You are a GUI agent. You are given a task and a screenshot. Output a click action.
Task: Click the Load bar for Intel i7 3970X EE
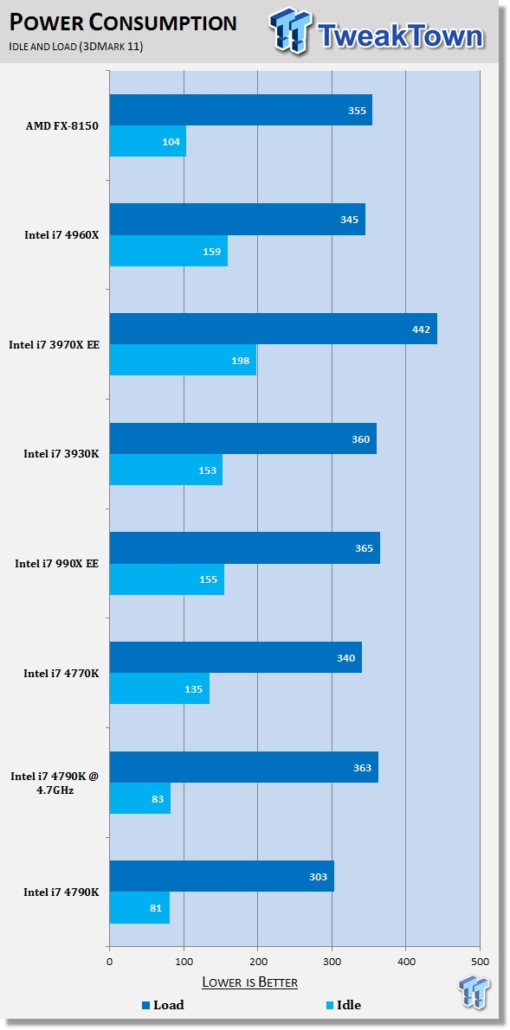coord(273,329)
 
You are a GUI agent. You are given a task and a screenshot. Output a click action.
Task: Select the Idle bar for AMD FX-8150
coord(148,141)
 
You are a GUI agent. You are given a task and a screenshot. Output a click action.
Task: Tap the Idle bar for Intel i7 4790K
coord(139,908)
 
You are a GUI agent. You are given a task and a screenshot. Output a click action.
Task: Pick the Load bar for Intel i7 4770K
coord(236,657)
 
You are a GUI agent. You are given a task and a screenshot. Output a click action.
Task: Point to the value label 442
coord(422,329)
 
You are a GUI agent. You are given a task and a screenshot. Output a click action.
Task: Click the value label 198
coord(241,361)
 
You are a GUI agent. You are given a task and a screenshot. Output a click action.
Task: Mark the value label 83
coord(158,799)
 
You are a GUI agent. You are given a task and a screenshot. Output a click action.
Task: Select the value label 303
coord(320,877)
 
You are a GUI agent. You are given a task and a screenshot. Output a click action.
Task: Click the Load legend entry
coord(163,1005)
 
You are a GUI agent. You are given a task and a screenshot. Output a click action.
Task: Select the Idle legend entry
coord(344,1005)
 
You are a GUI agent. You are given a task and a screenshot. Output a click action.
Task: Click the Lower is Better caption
coord(250,982)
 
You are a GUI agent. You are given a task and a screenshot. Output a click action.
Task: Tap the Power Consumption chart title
coord(123,23)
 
